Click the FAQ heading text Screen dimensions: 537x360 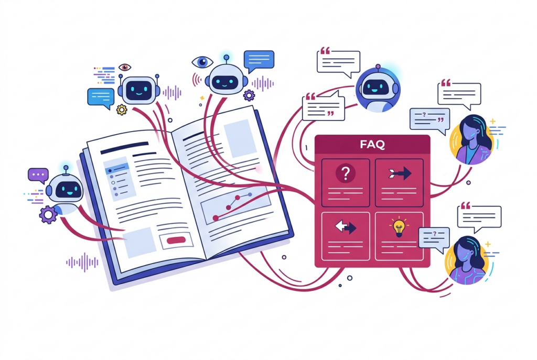372,145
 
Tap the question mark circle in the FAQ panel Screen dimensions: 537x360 346,173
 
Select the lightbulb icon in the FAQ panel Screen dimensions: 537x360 399,227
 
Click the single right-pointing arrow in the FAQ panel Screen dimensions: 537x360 400,173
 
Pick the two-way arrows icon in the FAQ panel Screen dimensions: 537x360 346,227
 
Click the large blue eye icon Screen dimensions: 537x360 202,62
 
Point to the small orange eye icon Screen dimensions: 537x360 125,67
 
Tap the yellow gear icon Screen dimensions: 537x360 122,110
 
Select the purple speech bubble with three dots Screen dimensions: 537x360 38,175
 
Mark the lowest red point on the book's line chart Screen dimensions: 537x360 216,218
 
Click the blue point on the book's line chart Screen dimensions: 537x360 250,194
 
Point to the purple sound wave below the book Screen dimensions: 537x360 82,263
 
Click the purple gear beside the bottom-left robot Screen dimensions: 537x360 48,214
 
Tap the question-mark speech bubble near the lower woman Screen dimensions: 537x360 434,239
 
